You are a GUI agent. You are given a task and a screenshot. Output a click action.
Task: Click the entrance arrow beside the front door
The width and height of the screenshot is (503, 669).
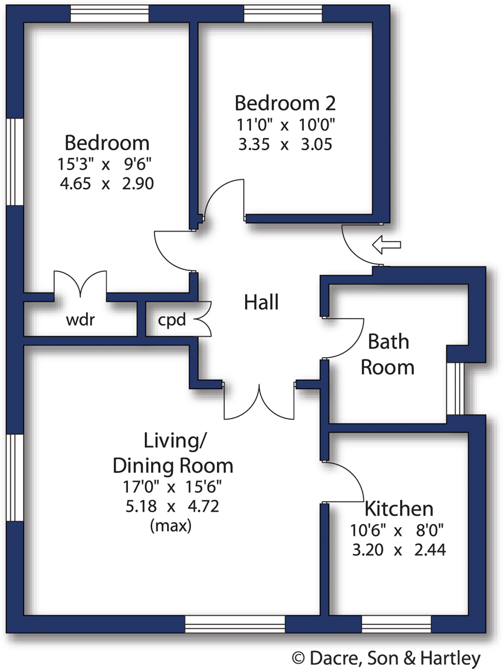[386, 245]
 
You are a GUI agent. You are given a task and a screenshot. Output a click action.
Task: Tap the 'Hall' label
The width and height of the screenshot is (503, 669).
[261, 302]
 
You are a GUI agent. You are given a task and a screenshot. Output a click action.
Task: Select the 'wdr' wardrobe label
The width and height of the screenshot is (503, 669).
[80, 320]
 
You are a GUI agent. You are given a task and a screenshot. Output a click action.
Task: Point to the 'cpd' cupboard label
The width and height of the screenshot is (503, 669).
[172, 320]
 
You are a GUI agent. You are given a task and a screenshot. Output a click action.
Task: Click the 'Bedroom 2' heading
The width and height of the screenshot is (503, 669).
[285, 103]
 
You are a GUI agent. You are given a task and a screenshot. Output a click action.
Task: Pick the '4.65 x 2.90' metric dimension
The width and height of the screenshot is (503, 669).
[107, 183]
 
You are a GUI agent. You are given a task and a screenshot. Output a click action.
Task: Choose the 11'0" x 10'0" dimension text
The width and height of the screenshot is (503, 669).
[285, 125]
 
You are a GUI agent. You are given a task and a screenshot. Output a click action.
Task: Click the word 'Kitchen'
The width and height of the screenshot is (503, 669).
[399, 508]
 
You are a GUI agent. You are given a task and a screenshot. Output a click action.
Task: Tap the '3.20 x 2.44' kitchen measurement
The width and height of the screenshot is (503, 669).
[399, 550]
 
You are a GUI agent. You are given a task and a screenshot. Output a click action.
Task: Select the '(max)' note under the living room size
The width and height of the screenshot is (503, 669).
[171, 525]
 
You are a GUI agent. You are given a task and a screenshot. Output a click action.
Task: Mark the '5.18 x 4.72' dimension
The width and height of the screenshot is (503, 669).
[172, 506]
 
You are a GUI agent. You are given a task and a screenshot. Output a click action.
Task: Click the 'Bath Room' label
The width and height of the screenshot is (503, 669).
[387, 354]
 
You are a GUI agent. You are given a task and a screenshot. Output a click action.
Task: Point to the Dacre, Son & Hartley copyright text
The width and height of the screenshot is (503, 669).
[386, 658]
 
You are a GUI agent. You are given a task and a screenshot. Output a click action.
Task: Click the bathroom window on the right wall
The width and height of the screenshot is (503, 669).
[455, 388]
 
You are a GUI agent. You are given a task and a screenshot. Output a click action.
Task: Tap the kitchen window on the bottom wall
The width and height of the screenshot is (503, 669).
[396, 624]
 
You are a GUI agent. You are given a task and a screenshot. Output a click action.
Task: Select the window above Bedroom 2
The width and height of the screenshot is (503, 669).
[283, 14]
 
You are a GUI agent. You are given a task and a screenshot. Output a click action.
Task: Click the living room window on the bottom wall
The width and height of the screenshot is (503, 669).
[235, 624]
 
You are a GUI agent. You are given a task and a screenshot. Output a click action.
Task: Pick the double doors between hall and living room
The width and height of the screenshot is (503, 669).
[259, 404]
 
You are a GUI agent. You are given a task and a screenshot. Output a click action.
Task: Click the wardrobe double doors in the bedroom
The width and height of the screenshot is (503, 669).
[80, 284]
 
